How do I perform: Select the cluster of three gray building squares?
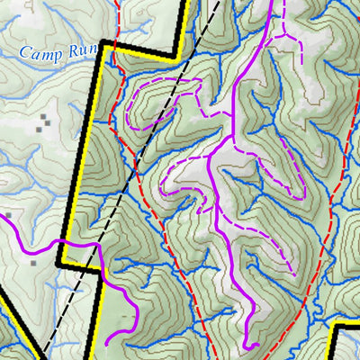(45, 122)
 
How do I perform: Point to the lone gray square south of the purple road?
(33, 264)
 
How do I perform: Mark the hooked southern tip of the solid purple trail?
(257, 346)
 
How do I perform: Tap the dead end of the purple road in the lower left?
(108, 343)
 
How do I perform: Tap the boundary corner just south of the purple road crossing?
(59, 265)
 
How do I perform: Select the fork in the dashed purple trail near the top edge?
(285, 36)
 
